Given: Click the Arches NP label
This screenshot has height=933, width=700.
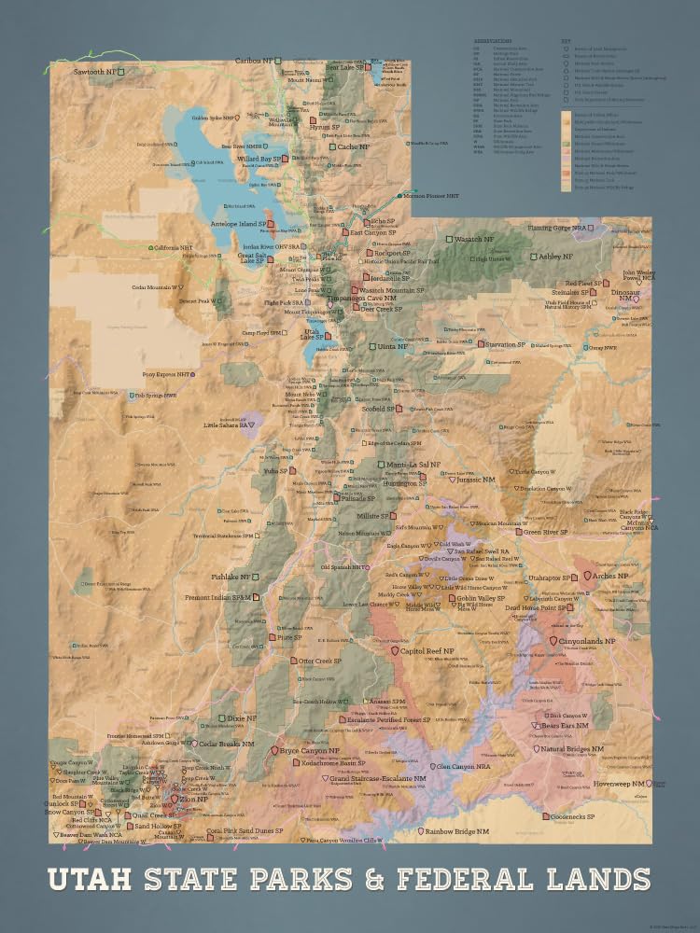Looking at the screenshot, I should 611,577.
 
